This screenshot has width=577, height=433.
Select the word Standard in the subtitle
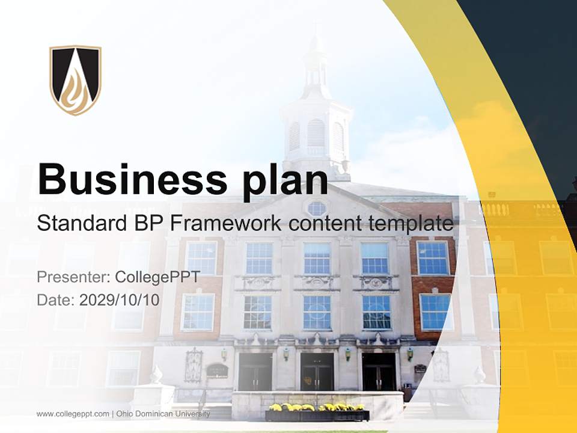pos(76,224)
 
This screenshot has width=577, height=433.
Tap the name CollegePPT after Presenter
pos(157,277)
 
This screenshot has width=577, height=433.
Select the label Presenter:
pos(73,277)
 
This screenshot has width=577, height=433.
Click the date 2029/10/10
pos(120,300)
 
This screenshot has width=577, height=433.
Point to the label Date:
pos(56,300)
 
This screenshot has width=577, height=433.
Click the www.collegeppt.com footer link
pos(73,414)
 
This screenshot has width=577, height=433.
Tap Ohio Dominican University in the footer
pos(163,414)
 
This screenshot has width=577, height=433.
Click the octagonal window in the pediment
pos(317,209)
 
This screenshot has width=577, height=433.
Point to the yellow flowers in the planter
pos(317,407)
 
